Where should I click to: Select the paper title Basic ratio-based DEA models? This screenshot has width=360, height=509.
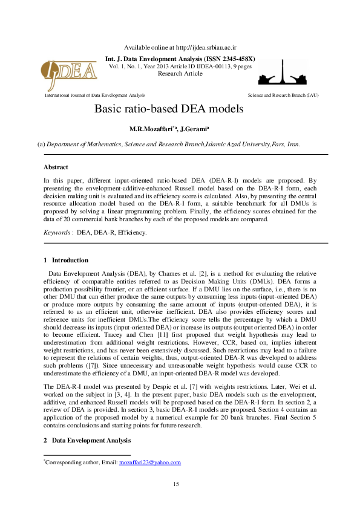pyautogui.click(x=169, y=109)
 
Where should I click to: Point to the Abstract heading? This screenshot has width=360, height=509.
pyautogui.click(x=56, y=167)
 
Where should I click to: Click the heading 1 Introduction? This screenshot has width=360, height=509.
pyautogui.click(x=66, y=260)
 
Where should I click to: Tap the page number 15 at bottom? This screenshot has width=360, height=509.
pyautogui.click(x=176, y=483)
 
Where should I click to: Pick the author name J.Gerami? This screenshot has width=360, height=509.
pyautogui.click(x=195, y=129)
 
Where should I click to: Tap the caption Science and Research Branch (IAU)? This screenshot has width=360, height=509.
pyautogui.click(x=283, y=96)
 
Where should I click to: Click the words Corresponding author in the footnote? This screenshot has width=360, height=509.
pyautogui.click(x=69, y=462)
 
